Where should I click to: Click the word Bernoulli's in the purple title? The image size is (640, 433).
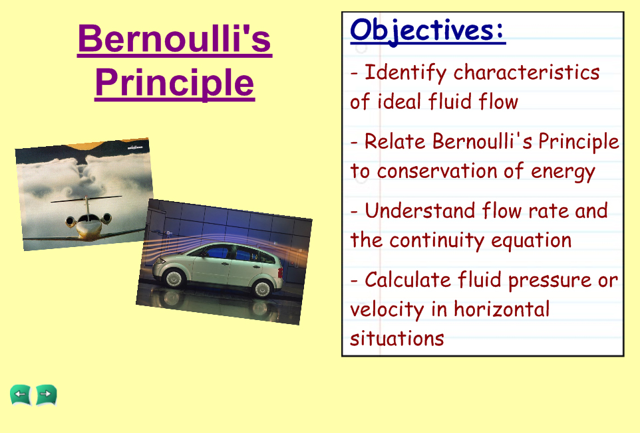(175, 39)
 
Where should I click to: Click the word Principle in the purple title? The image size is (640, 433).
(175, 83)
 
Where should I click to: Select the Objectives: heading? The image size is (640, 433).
(428, 30)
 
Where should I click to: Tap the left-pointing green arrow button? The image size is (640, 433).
(21, 394)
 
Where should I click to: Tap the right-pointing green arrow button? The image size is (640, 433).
(46, 394)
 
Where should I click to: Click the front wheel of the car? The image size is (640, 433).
(174, 278)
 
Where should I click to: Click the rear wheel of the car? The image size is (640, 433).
(261, 288)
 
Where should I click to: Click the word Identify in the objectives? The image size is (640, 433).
(405, 73)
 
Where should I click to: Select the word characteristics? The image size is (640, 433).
(526, 72)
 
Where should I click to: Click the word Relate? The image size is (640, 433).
(395, 141)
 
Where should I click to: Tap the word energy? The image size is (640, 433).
(563, 172)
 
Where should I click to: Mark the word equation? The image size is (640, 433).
(531, 240)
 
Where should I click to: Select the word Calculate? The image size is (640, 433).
(407, 280)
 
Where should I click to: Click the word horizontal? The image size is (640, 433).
(502, 309)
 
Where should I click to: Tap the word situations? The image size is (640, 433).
(397, 339)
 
